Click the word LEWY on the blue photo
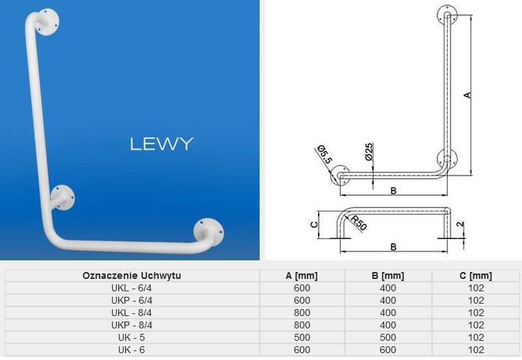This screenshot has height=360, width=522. pos(161,144)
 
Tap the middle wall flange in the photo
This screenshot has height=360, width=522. pos(63,196)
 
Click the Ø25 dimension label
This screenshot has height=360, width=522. pos(369,151)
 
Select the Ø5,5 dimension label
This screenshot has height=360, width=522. pos(325,155)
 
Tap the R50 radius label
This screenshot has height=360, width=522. pos(358,223)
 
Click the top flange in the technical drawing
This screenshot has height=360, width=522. pos(447,14)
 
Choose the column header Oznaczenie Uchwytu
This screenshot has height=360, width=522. pos(132,275)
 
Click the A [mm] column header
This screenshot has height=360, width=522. pos(302,275)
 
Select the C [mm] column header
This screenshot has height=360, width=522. pos(475,275)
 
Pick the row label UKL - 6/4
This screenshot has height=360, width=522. pos(132,288)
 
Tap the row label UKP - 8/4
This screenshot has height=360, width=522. pos(132,324)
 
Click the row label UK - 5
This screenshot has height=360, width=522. pos(132,337)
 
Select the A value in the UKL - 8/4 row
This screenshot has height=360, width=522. pos(302,313)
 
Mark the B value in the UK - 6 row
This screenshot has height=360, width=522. pos(387,349)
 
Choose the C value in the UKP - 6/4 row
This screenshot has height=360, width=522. pos(475,300)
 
